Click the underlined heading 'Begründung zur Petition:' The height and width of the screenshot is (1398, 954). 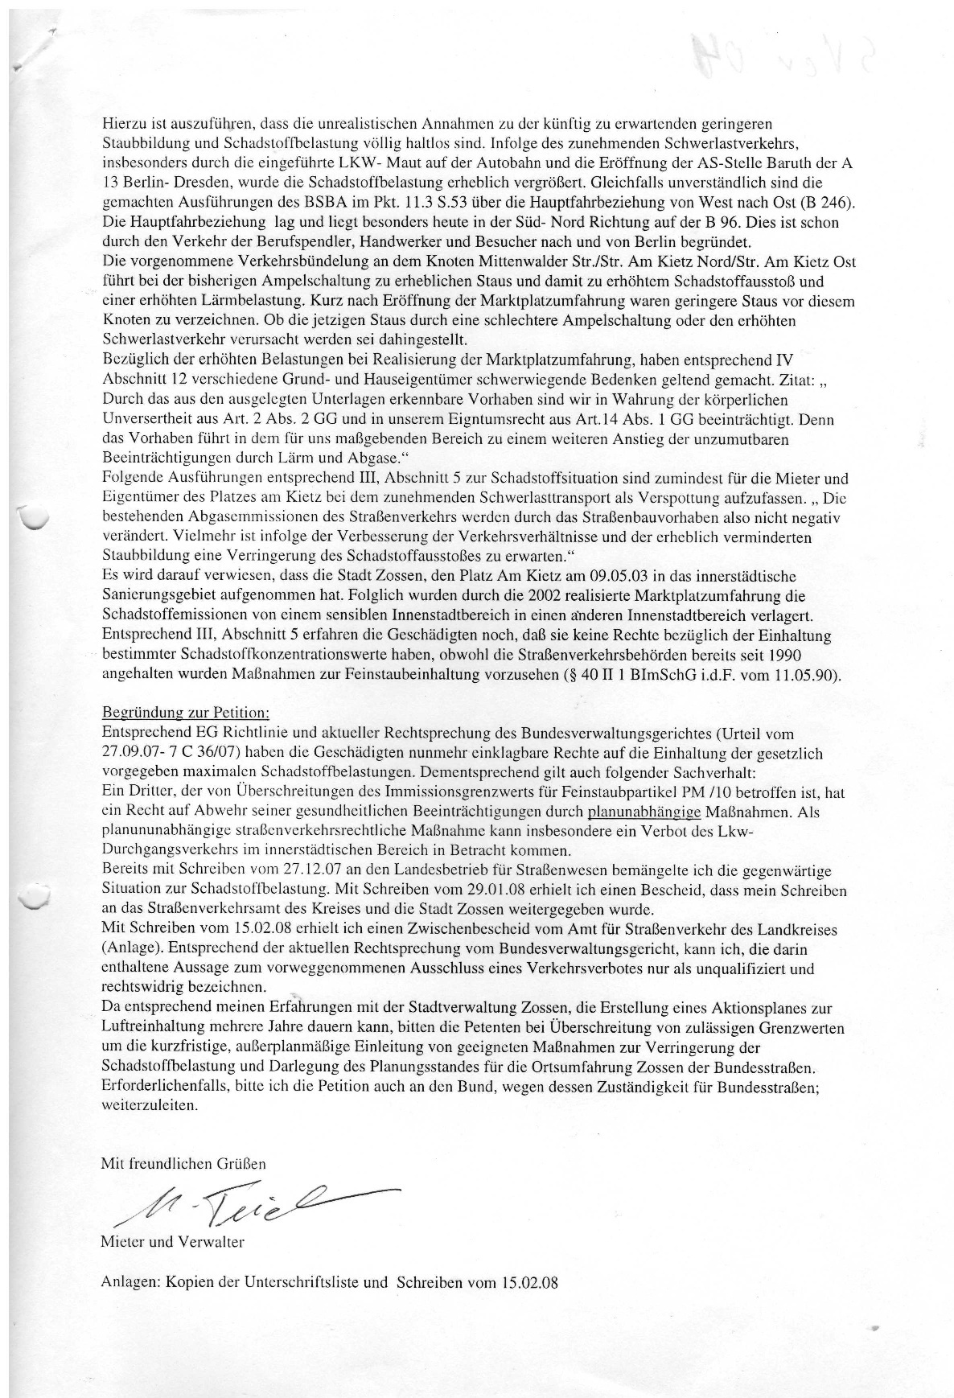(x=186, y=713)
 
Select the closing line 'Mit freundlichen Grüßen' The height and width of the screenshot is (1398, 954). (x=183, y=1163)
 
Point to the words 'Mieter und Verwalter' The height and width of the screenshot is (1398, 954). (x=172, y=1241)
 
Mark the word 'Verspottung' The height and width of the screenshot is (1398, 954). (x=711, y=497)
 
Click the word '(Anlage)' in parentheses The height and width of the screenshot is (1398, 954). (x=129, y=948)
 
